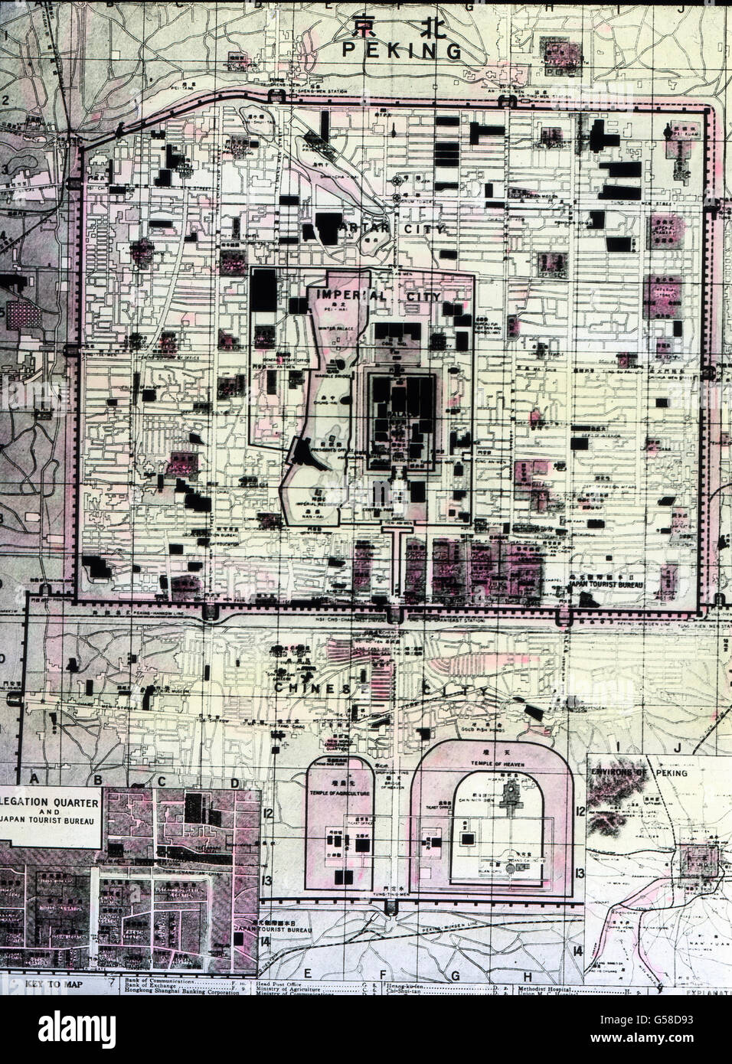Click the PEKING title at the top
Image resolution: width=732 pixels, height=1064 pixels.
pos(402,51)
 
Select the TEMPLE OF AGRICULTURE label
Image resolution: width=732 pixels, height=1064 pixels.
pos(339,795)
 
